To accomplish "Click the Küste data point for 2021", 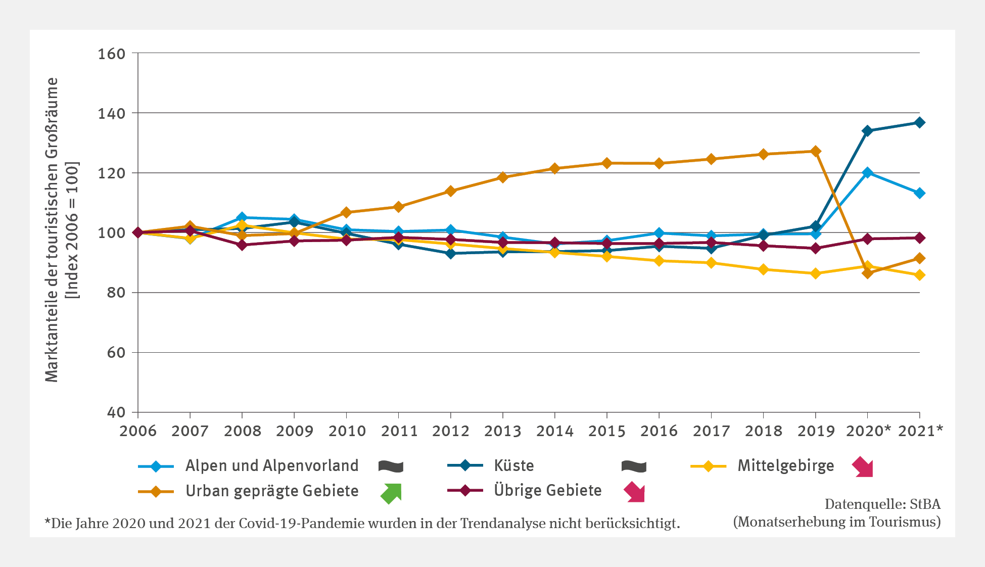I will (919, 123).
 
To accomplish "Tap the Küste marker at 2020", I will (867, 131).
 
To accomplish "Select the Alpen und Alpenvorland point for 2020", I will (867, 173).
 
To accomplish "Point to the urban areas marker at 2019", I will (815, 151).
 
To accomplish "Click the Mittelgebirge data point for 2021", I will (919, 275).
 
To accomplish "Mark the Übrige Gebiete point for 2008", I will (242, 245).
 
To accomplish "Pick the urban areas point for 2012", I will (450, 191).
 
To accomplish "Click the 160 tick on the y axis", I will (111, 54).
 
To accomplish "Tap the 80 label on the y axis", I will (116, 293).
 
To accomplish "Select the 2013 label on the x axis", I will (502, 431).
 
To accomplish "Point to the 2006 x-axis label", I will (138, 431).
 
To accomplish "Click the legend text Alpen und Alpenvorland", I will (272, 465).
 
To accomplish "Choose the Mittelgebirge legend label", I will (785, 465).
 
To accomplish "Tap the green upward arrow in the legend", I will (391, 493).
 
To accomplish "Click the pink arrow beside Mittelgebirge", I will (863, 466).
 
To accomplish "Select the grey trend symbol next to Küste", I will (634, 466).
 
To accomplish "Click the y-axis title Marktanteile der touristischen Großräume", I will (52, 230).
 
